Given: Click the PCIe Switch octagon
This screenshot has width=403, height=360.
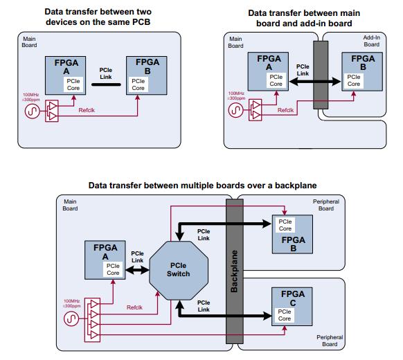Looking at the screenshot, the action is pos(179,270).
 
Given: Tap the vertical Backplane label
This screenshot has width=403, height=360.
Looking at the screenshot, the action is pos(234,271).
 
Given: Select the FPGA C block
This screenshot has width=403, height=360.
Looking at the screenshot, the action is pos(292,307).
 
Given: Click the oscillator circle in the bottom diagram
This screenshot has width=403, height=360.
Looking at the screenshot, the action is pos(71,318).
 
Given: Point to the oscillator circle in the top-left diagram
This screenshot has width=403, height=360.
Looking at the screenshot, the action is pos(33,111).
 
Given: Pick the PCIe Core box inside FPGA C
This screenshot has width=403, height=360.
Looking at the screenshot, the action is pos(285,315).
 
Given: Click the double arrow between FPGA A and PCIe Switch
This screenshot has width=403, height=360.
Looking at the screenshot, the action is pos(137,270).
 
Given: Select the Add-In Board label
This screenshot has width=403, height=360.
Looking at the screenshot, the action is pos(372,41).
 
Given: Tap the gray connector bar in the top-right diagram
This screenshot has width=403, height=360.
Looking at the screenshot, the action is pos(321,75).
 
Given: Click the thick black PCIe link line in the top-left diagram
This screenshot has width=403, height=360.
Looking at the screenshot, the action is pos(106,84).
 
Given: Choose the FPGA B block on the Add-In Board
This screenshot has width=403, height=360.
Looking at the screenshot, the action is pos(362,71).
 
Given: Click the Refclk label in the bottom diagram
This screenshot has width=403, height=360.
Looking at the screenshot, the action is pos(134,307).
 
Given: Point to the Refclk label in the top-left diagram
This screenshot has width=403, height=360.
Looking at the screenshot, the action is pos(87,110).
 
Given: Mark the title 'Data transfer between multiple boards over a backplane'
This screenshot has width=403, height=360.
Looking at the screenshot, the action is pos(202,186).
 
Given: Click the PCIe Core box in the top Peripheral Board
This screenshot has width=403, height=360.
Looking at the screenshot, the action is pos(285,225).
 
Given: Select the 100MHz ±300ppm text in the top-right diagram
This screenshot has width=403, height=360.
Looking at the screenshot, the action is pos(236,96).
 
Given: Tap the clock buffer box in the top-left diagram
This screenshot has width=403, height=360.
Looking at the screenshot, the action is pos(52,111).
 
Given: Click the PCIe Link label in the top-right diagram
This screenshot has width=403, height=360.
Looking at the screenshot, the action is pos(303,70).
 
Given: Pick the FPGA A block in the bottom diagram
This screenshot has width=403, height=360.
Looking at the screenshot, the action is pos(105,260).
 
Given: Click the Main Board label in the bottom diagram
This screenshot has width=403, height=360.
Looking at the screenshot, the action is pos(70,205).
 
